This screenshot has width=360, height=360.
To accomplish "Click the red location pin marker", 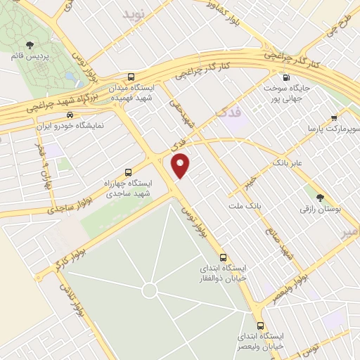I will tap(181, 165).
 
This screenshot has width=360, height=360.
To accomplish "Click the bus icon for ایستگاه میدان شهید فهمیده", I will tap(131, 77).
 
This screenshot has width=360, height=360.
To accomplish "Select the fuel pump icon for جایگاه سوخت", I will tap(286, 77).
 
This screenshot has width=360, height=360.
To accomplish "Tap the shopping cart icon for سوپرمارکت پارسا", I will tap(334, 118).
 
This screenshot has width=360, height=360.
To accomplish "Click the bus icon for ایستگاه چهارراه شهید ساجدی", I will tap(127, 172).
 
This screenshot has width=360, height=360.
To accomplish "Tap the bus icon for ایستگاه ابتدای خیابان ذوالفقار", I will tap(224, 257).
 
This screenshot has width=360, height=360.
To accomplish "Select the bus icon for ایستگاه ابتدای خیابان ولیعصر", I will tap(261, 326).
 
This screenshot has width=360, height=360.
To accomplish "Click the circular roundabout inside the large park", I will tap(148, 290).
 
